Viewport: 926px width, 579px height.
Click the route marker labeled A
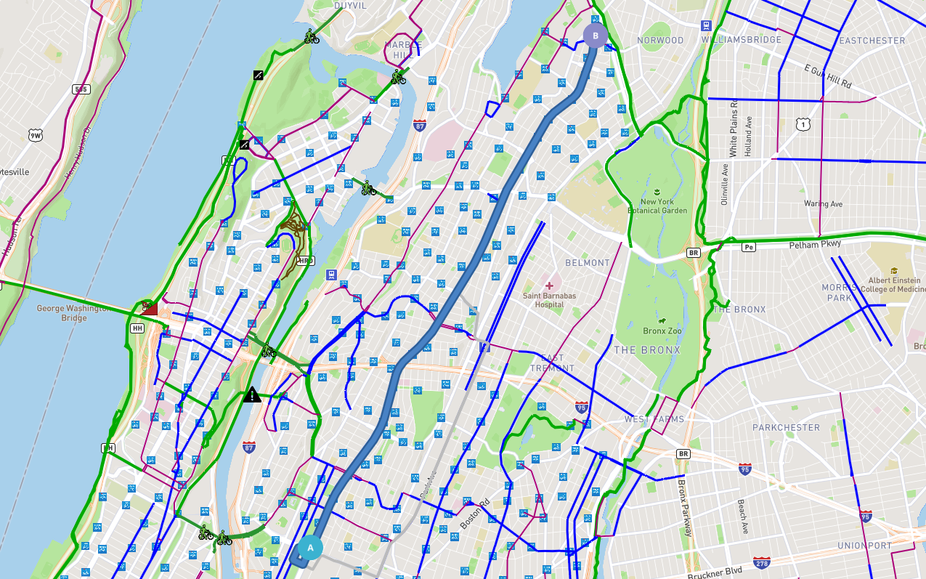310,548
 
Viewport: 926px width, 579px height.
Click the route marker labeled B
596,36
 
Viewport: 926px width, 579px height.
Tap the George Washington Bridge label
73,313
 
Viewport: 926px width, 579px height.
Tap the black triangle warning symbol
252,395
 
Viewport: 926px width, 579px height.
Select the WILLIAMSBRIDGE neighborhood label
746,40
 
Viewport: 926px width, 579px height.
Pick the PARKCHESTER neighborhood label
786,427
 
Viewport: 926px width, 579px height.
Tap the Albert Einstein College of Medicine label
894,285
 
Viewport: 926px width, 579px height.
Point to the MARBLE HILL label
402,49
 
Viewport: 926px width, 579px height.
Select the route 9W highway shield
36,135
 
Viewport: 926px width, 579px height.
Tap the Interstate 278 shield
762,564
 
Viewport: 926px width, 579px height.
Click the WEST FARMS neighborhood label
654,419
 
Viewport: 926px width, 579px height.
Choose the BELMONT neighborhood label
588,263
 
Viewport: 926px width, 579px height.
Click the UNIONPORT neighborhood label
864,546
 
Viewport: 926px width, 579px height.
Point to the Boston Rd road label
476,514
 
